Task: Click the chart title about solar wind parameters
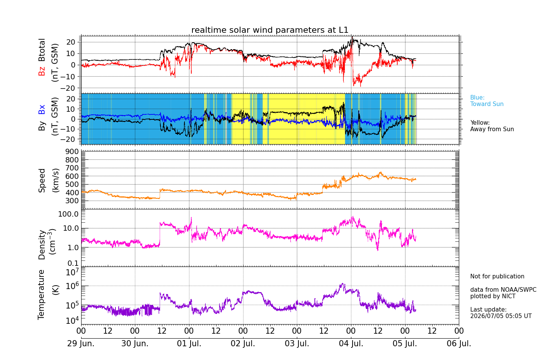pos(270,30)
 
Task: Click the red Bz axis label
pos(42,70)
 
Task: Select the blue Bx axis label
pos(42,109)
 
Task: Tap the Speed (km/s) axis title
pos(48,180)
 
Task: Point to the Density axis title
pos(47,244)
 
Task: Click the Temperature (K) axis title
pos(48,295)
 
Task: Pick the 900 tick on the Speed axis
pos(72,151)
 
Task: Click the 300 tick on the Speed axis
pos(72,201)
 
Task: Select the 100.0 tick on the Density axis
pos(68,214)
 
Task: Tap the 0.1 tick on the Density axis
pos(73,263)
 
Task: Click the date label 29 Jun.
pos(81,343)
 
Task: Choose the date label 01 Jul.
pos(189,343)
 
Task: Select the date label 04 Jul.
pos(351,343)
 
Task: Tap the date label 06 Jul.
pos(459,343)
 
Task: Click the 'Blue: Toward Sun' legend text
pos(487,101)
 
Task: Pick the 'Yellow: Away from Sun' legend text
pos(492,126)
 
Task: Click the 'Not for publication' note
pos(497,276)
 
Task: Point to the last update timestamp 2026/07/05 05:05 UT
pos(501,316)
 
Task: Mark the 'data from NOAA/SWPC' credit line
pos(503,289)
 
